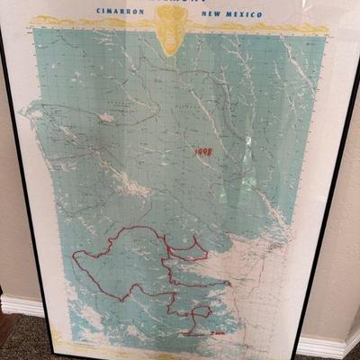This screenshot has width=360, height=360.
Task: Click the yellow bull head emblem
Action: click(x=171, y=27)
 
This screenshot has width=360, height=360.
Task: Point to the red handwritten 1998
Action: click(x=203, y=152)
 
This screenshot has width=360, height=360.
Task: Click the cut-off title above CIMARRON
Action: click(x=171, y=2)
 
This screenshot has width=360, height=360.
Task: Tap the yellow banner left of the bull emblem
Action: click(x=90, y=22)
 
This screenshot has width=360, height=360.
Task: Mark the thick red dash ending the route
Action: click(x=216, y=333)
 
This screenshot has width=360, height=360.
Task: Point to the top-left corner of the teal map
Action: click(x=34, y=30)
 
